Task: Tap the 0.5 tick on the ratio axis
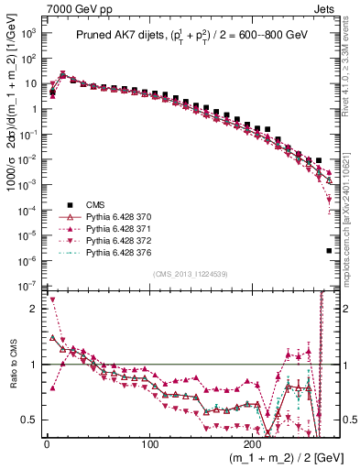[x=30, y=420]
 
